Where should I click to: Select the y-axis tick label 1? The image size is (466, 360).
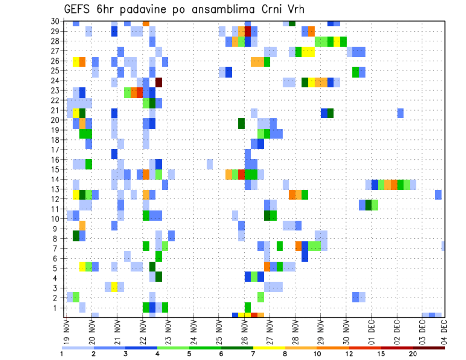pos(57,307)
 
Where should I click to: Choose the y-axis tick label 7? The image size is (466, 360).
pos(57,248)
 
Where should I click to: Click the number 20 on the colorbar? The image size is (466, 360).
pos(413,354)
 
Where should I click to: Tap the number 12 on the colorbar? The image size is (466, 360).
pos(349,354)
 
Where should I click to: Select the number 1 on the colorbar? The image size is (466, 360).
pos(62,354)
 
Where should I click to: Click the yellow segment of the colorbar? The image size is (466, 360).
pos(269,347)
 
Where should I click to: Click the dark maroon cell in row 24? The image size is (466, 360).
pos(158,82)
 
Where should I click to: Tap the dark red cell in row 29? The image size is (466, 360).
pos(248,32)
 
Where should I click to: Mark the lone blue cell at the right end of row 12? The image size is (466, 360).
pos(438,195)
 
